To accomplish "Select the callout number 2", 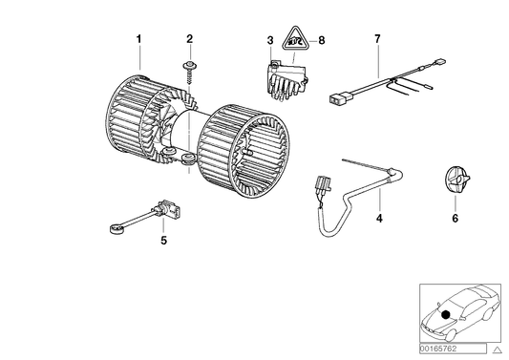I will point(189,39).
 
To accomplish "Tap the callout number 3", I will point(270,40).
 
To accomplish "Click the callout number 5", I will point(163,242).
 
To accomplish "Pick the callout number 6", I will point(455,219).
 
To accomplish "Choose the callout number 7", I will point(377,39).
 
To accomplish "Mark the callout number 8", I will point(321,40).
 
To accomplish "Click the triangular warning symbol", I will point(298,42).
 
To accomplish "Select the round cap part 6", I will point(456,183).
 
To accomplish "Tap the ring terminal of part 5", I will point(113,228).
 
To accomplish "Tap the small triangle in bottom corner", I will point(496,350).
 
